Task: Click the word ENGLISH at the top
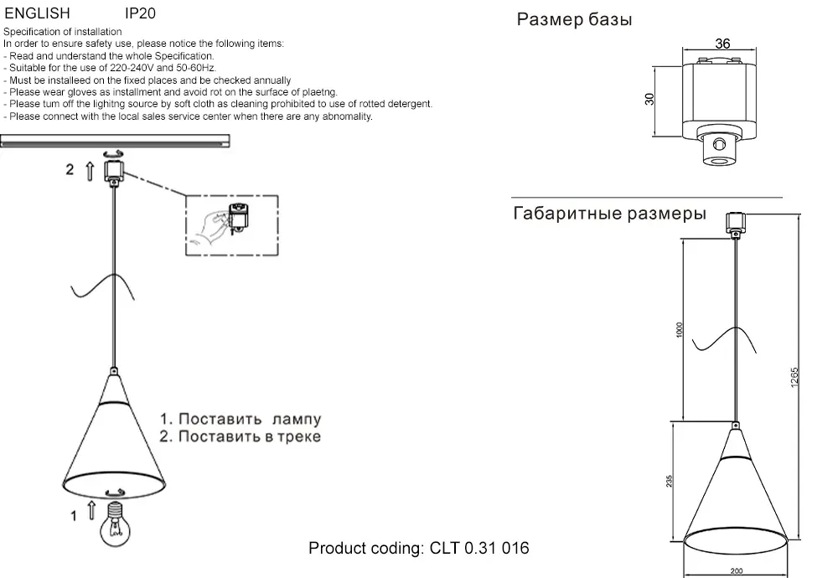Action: pyautogui.click(x=37, y=14)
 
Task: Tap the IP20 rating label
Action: pyautogui.click(x=139, y=14)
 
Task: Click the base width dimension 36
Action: pyautogui.click(x=723, y=44)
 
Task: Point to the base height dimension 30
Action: pyautogui.click(x=649, y=99)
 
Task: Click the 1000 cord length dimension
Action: pyautogui.click(x=680, y=331)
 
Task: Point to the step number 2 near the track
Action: pyautogui.click(x=70, y=170)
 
